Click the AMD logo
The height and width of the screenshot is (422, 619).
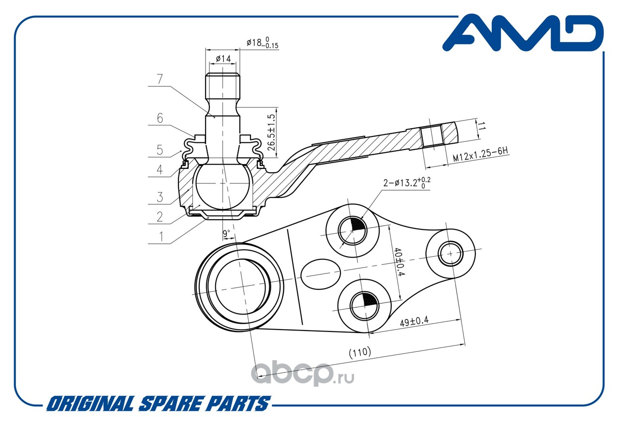[x=523, y=33]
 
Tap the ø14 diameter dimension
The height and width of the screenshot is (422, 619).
[x=222, y=59]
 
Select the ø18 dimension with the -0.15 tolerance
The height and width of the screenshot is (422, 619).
[x=263, y=44]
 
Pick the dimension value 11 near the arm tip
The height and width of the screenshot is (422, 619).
[x=481, y=127]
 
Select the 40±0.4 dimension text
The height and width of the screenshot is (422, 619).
[x=398, y=263]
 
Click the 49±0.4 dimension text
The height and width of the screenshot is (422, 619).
[x=414, y=321]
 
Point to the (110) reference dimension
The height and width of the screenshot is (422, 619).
[x=360, y=352]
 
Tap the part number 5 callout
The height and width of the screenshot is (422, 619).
[x=160, y=150]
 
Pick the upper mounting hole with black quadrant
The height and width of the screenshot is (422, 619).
[x=352, y=228]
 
